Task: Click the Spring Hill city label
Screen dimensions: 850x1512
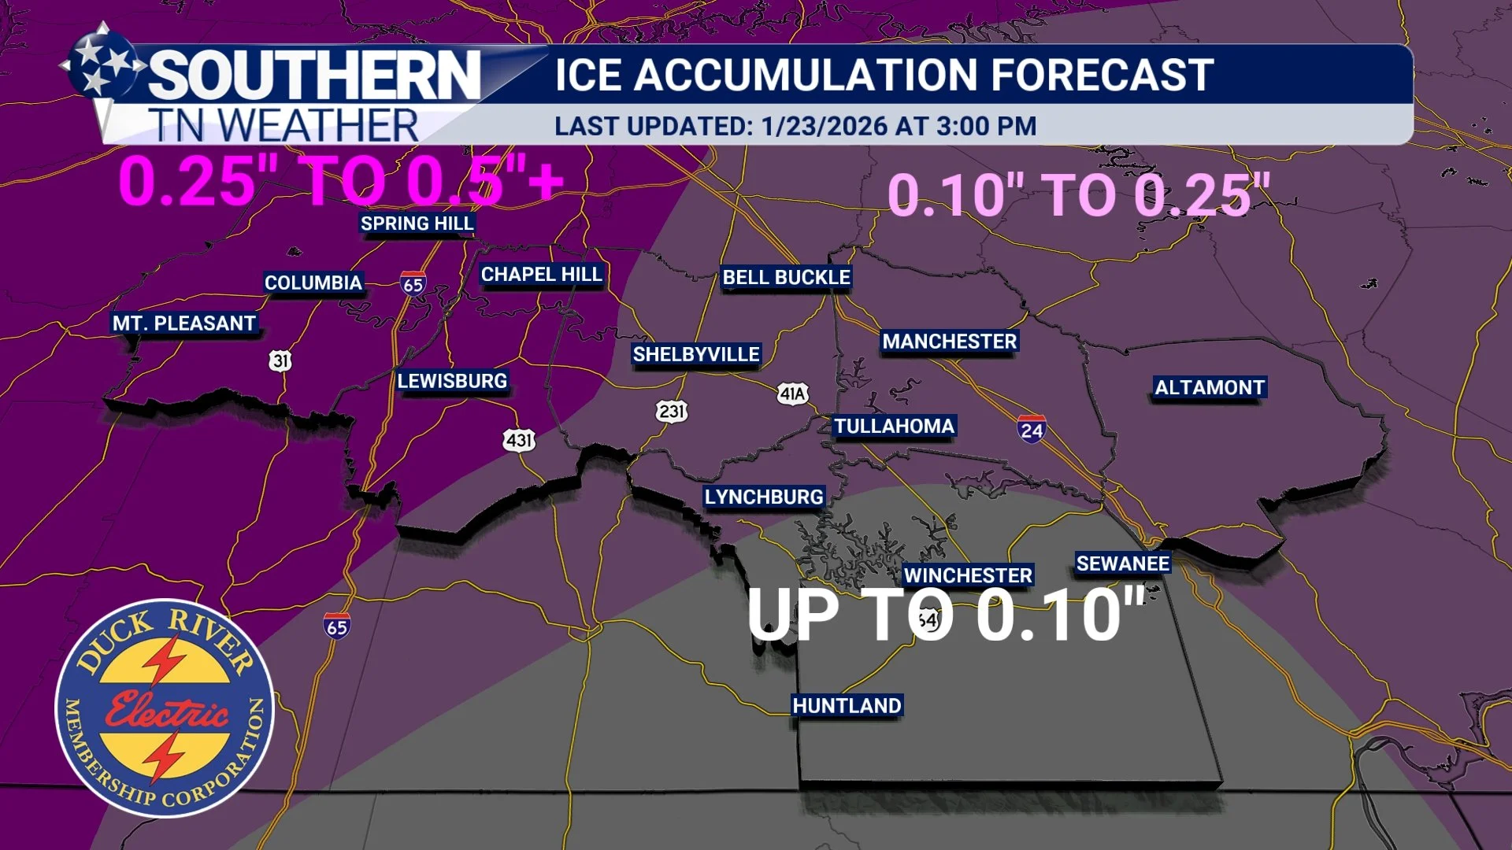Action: [417, 224]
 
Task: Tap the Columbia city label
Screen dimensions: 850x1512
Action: [313, 283]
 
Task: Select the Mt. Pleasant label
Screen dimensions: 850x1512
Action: [184, 323]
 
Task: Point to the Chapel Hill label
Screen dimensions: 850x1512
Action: [542, 275]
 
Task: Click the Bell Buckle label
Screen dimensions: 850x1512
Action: [786, 278]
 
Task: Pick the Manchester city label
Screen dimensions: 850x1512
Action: [949, 342]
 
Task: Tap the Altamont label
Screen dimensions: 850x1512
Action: [1210, 388]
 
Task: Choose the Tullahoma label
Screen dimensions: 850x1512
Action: [894, 427]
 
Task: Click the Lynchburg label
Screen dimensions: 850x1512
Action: [764, 497]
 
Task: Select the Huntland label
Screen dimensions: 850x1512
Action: [847, 706]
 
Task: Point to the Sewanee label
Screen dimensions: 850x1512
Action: [1123, 564]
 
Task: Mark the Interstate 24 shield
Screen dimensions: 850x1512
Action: [1032, 429]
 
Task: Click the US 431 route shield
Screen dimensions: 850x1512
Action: [519, 440]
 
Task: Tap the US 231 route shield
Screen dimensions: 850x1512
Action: [672, 411]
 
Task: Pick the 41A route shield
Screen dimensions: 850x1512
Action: [792, 394]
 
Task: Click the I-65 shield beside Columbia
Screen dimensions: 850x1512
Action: [413, 283]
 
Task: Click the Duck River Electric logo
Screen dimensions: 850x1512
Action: [165, 708]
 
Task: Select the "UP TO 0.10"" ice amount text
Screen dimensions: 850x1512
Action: [945, 615]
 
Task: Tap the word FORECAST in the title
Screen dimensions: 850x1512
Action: [1102, 75]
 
